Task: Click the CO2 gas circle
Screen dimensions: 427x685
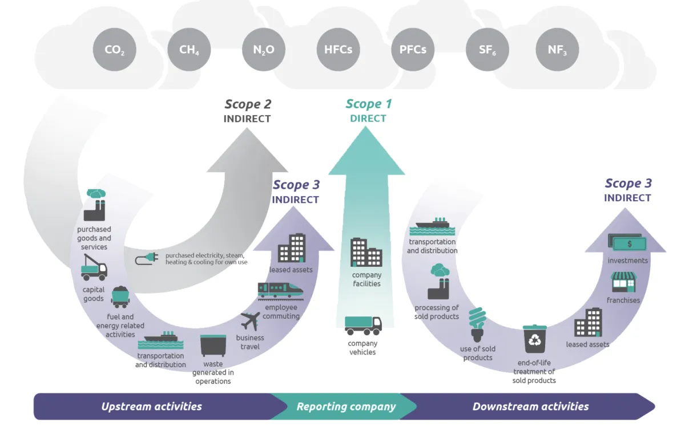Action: (114, 50)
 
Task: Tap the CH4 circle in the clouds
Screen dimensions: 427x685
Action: (189, 50)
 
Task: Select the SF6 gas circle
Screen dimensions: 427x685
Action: (487, 50)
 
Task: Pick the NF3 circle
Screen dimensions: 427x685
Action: (558, 50)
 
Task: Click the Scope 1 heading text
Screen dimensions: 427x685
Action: (368, 104)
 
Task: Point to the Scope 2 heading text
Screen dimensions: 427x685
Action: (247, 104)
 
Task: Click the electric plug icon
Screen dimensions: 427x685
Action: (146, 259)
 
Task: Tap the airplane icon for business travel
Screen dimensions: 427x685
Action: (251, 320)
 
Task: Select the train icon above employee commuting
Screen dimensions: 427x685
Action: (280, 290)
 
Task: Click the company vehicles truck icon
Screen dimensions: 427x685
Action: (363, 326)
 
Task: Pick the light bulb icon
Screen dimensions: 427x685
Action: (477, 324)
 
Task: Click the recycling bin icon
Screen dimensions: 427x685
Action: (535, 339)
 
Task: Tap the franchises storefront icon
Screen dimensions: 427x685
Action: (623, 283)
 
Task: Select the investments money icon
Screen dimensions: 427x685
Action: (626, 243)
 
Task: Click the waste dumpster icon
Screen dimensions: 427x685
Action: (213, 345)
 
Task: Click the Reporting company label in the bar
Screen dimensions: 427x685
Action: (346, 406)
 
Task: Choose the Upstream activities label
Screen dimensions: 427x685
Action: (151, 406)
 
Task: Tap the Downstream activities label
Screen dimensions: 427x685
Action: (530, 406)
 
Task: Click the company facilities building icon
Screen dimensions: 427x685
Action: (366, 253)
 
